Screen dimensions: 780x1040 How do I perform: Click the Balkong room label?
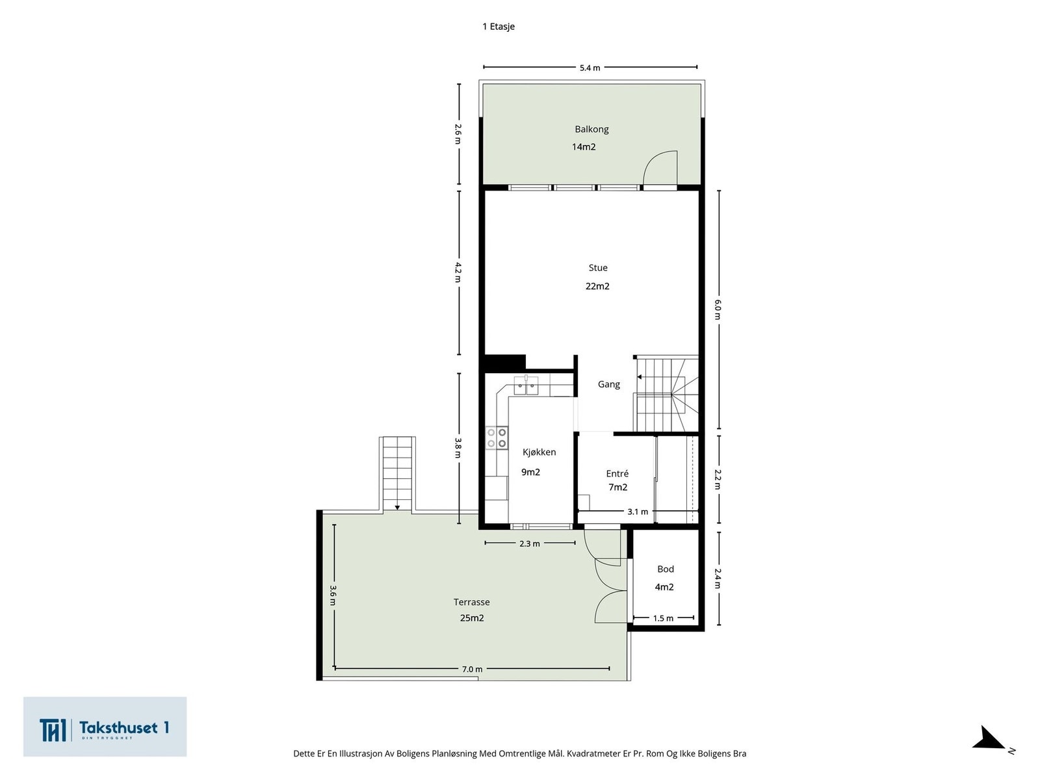(x=591, y=129)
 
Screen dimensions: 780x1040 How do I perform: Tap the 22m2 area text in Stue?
(x=597, y=286)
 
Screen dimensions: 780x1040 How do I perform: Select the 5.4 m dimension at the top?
(x=590, y=68)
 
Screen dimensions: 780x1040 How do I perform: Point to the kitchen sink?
(x=526, y=386)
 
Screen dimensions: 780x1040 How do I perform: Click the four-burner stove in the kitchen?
(x=497, y=437)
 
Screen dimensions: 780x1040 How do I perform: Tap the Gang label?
(x=609, y=384)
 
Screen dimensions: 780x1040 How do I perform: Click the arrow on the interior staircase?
(x=640, y=377)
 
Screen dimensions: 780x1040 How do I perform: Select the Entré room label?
(x=617, y=474)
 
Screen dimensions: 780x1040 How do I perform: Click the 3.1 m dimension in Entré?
(x=638, y=512)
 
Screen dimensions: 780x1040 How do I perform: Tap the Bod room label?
(x=666, y=569)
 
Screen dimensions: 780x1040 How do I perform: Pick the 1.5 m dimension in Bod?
(x=663, y=618)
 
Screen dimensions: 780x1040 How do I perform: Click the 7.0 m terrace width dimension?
(x=473, y=669)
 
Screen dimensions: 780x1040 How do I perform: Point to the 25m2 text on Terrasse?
(x=472, y=618)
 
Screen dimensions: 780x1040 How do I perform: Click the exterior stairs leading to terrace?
(x=397, y=473)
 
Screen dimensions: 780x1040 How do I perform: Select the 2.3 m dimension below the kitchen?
(x=530, y=544)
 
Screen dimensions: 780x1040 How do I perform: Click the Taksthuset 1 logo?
(x=105, y=727)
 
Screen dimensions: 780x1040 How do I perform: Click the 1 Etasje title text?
(x=499, y=27)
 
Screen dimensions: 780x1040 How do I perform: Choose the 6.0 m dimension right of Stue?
(x=718, y=309)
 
